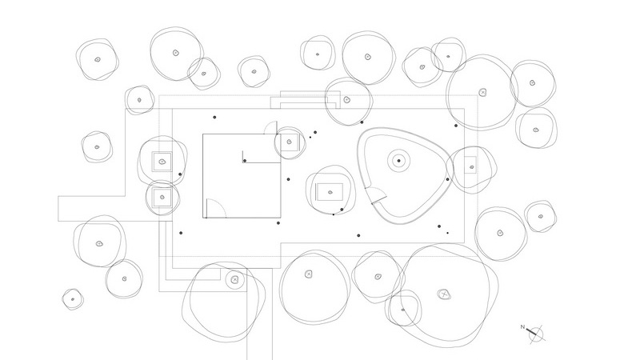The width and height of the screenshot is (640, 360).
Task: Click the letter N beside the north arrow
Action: (x=522, y=327)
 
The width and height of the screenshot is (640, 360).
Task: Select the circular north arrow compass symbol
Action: (x=536, y=334)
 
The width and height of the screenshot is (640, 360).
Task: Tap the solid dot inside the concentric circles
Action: (x=398, y=161)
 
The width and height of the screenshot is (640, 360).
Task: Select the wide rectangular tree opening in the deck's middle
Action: (x=330, y=192)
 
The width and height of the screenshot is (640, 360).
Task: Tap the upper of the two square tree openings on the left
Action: (x=162, y=162)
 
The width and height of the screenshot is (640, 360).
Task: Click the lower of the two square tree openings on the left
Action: (x=162, y=197)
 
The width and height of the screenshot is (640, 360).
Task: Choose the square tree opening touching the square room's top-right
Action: (x=290, y=142)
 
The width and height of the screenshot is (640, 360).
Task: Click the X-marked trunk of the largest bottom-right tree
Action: (x=444, y=294)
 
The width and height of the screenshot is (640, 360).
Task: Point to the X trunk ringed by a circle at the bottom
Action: (x=234, y=279)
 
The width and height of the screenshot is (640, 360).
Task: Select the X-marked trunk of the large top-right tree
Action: (x=483, y=93)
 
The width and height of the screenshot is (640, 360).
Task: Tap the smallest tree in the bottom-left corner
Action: (x=73, y=299)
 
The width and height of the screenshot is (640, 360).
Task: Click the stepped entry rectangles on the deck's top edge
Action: (x=306, y=100)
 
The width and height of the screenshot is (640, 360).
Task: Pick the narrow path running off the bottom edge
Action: (x=259, y=314)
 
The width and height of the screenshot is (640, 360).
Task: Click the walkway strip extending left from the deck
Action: (x=92, y=209)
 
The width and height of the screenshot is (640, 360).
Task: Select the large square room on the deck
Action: (x=242, y=176)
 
